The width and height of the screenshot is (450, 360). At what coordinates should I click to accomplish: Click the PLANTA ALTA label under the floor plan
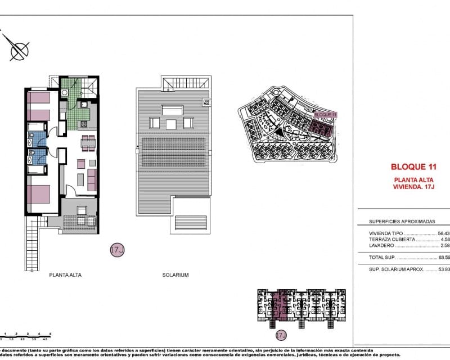pyautogui.click(x=65, y=275)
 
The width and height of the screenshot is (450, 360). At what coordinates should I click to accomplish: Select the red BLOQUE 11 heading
pyautogui.click(x=413, y=166)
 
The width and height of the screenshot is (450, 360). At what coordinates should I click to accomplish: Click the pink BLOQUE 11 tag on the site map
pyautogui.click(x=325, y=114)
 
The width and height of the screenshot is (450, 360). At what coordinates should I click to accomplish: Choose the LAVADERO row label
pyautogui.click(x=381, y=246)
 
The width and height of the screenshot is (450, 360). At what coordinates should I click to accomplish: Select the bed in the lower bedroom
pyautogui.click(x=38, y=195)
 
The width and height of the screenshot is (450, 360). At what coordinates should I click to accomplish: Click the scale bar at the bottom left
pyautogui.click(x=25, y=336)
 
